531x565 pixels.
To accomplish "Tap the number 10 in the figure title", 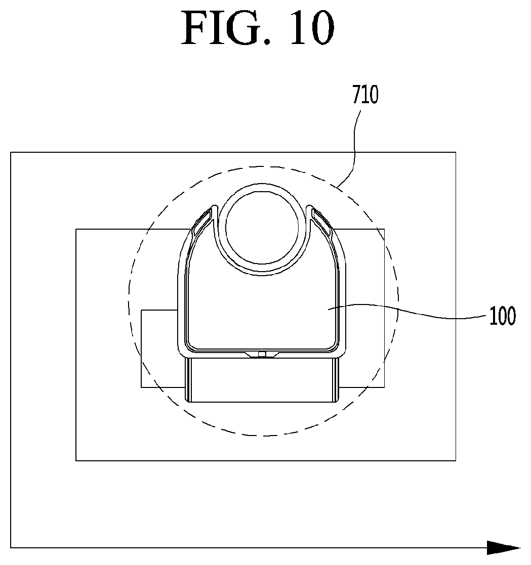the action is coord(312,28).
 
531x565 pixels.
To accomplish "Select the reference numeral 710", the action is coord(365,95).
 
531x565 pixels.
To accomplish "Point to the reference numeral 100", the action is coord(502,316).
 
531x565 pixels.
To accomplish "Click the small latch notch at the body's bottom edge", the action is coord(262,355).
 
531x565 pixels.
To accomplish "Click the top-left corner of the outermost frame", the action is coord(11,152).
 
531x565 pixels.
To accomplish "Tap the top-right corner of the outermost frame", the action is coord(456,152).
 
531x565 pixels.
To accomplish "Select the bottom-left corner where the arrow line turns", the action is coord(11,548).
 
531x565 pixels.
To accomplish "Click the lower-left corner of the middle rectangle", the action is coord(76,460).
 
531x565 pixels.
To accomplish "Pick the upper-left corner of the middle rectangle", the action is coord(76,229).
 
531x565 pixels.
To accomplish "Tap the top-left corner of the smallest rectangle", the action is coord(141,310).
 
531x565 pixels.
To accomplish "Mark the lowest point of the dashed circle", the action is coord(263,436).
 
